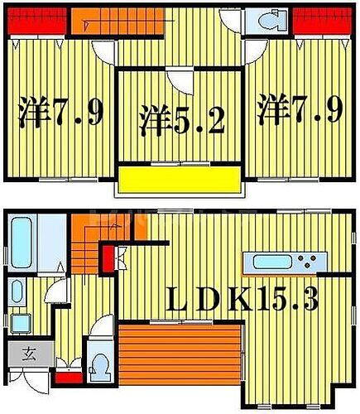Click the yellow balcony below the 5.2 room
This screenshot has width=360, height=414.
(x=179, y=180)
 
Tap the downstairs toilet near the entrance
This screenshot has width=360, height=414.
(x=99, y=363)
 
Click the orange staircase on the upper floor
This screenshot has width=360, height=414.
(x=108, y=22)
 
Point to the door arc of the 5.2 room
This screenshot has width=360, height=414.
(x=178, y=81)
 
